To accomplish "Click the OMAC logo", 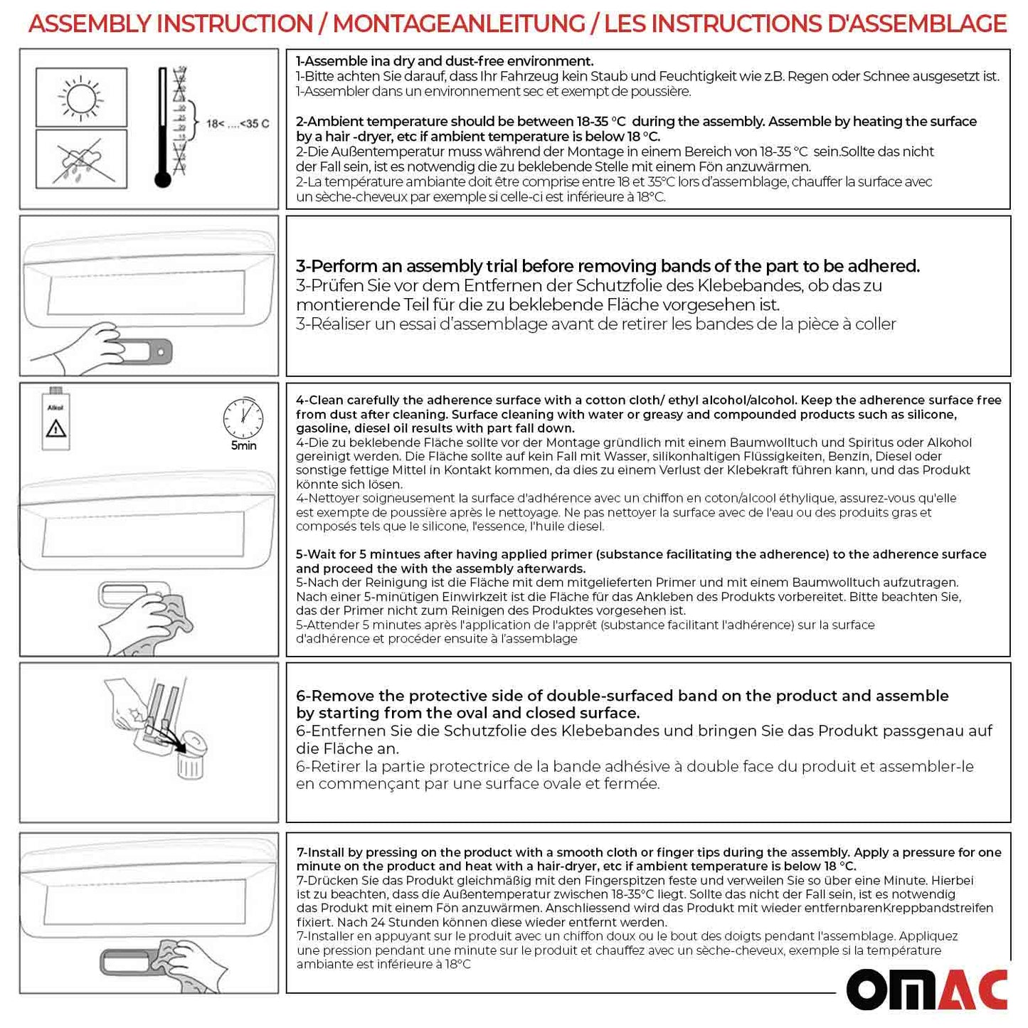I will (926, 989).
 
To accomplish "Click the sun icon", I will (81, 97).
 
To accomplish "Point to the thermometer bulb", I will (163, 179).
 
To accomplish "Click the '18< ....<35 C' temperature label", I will (238, 124).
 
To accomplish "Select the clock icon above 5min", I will (243, 418).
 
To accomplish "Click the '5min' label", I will (243, 446).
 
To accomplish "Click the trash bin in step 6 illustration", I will (189, 765).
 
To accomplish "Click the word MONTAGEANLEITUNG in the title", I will (459, 24).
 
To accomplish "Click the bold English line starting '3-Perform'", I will (608, 266).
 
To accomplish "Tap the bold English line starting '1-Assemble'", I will (445, 61).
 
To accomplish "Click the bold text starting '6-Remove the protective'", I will (622, 696).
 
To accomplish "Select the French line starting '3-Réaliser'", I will (595, 324).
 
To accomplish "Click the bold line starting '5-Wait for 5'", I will (640, 554).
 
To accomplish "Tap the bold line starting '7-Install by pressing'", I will (648, 852).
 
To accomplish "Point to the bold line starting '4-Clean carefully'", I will (648, 401).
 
